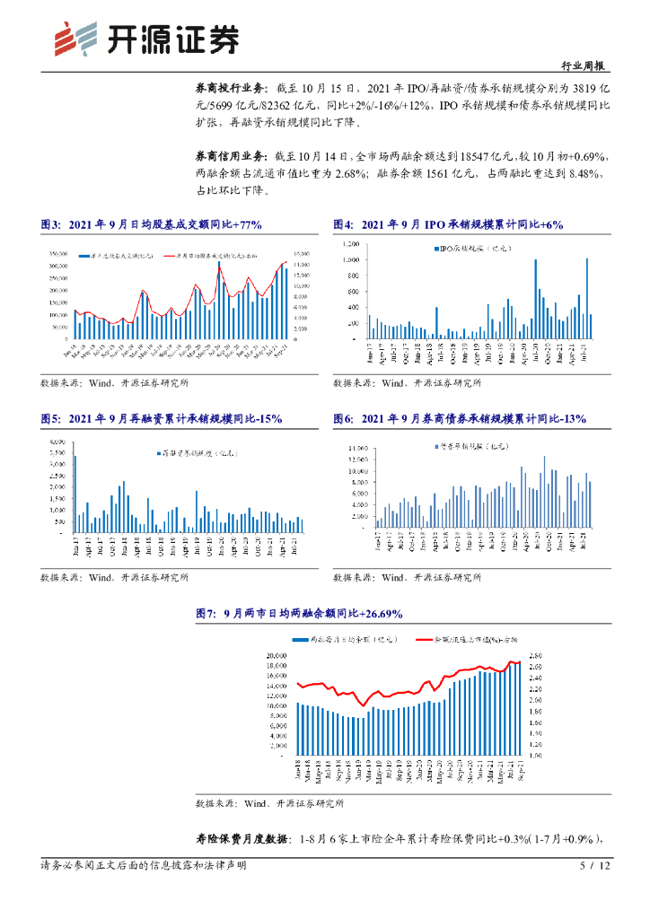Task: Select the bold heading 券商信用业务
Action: [230, 155]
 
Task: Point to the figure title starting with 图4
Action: [448, 224]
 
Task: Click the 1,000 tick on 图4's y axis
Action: [351, 259]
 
